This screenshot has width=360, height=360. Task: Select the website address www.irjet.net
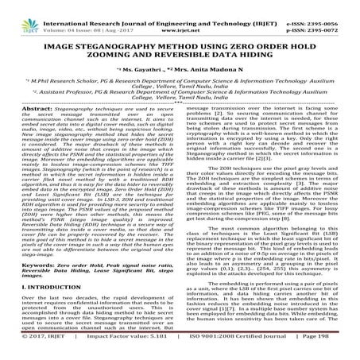[182, 14]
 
